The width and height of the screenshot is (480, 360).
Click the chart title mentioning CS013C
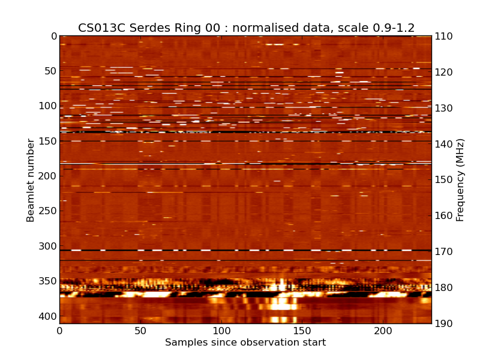246,28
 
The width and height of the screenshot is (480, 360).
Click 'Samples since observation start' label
245,343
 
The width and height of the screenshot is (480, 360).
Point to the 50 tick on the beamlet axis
50,71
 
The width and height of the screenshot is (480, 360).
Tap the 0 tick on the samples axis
59,331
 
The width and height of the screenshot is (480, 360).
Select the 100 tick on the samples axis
221,331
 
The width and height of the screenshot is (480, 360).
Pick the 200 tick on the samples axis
383,331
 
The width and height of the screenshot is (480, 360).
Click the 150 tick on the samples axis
302,331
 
